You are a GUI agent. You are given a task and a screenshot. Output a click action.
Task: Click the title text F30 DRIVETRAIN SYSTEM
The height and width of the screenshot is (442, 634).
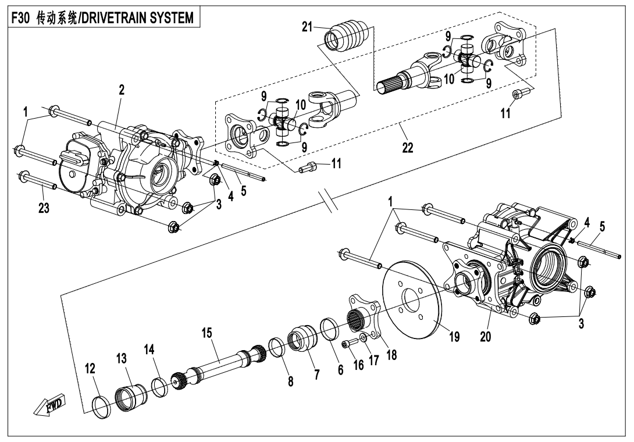(102, 18)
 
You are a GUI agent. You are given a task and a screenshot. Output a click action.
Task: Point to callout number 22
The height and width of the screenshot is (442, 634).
(407, 148)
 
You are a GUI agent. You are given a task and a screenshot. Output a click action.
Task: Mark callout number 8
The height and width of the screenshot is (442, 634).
(291, 381)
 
